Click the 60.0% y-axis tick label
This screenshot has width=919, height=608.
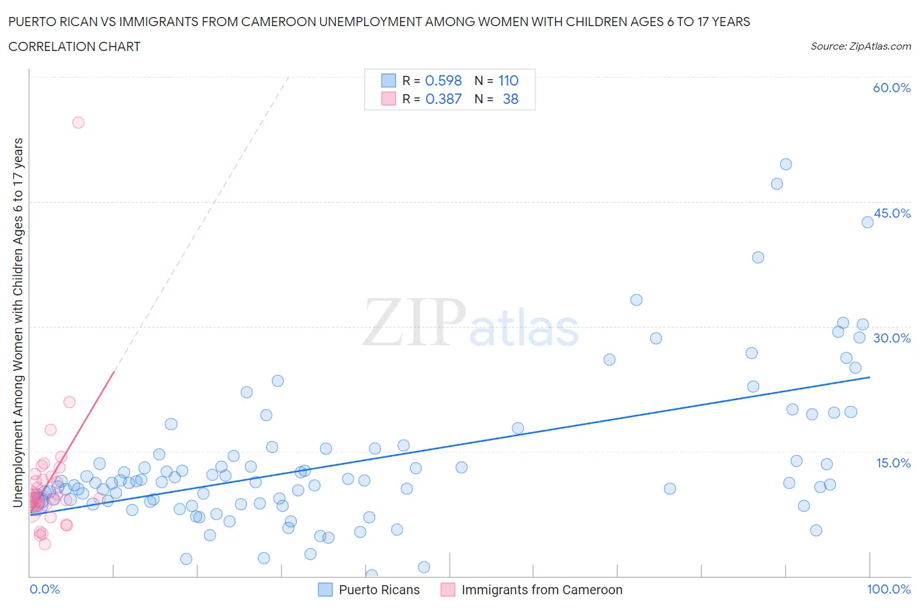(891, 88)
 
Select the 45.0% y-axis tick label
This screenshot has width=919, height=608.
(892, 213)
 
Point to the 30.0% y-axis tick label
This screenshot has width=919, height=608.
(892, 338)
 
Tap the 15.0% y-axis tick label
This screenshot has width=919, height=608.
(892, 463)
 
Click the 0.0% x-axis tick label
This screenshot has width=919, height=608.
(44, 589)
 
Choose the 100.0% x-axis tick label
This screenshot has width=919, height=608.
(888, 589)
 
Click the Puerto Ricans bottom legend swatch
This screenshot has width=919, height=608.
(325, 590)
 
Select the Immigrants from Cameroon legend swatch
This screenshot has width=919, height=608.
(448, 590)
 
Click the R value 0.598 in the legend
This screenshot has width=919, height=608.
(443, 80)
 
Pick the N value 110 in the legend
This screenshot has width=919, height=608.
(508, 80)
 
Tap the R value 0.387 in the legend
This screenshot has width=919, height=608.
(443, 99)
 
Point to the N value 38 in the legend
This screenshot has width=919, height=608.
(510, 99)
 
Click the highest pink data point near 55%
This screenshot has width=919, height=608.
(78, 122)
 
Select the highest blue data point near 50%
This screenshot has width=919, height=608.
(786, 164)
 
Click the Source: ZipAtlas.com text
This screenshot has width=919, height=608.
(860, 46)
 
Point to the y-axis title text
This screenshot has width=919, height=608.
(18, 322)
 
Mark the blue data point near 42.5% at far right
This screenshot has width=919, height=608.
(867, 222)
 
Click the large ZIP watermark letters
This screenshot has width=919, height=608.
(414, 322)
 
